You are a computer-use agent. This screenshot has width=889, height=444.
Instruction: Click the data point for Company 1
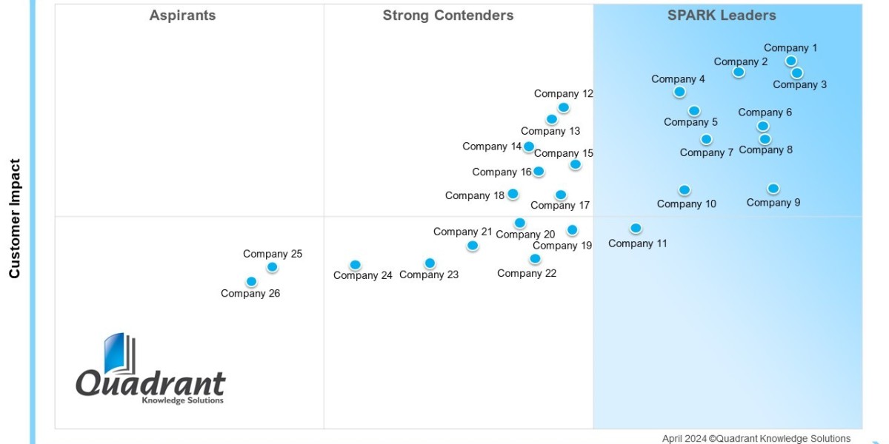click(x=791, y=61)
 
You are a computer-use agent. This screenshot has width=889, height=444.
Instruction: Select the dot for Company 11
click(x=636, y=228)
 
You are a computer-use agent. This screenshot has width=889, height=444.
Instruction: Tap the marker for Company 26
click(x=251, y=281)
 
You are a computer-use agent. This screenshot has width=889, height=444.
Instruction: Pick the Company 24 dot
click(x=355, y=265)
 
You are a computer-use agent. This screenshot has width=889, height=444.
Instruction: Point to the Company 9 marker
click(x=773, y=189)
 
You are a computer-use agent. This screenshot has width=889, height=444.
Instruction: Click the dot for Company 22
click(x=535, y=258)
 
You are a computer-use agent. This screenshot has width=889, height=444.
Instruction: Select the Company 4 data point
click(x=679, y=92)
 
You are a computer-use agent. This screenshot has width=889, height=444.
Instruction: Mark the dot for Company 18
click(x=513, y=194)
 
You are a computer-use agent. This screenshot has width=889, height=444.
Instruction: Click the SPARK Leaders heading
click(x=722, y=16)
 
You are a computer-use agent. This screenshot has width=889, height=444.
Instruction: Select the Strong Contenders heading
click(x=448, y=16)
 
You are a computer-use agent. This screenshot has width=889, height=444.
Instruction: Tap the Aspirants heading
click(x=182, y=16)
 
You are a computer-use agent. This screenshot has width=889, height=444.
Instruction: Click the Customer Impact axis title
click(x=15, y=218)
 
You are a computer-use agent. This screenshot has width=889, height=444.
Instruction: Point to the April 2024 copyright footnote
click(x=756, y=438)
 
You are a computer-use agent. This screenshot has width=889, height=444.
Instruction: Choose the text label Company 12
click(x=564, y=93)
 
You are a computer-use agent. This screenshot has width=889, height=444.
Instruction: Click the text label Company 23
click(x=429, y=275)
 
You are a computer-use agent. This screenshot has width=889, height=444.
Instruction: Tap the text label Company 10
click(x=687, y=203)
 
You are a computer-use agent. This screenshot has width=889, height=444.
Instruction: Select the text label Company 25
click(x=273, y=254)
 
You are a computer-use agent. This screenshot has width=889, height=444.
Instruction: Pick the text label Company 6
click(x=765, y=112)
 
